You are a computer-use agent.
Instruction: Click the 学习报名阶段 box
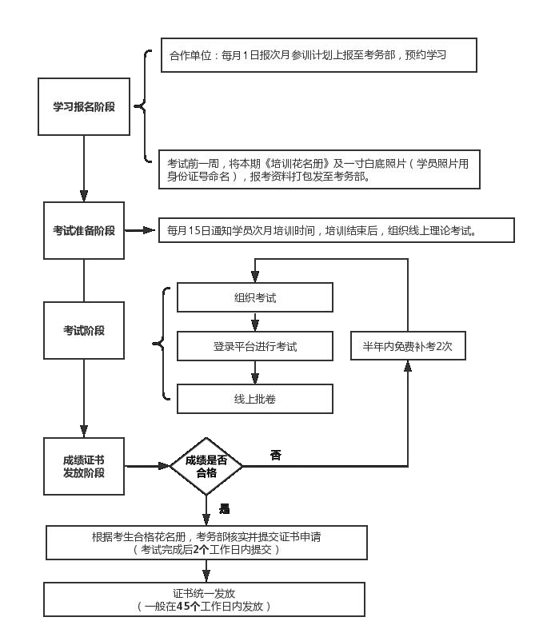(84, 106)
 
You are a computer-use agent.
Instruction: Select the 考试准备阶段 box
(84, 230)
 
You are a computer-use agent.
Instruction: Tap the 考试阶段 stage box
(84, 329)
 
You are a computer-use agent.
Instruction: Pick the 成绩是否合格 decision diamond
(206, 466)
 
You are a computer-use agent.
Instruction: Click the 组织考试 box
(255, 298)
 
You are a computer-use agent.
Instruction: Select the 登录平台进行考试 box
(255, 347)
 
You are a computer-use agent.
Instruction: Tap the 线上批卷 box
(255, 398)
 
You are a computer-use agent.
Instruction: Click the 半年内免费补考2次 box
(408, 347)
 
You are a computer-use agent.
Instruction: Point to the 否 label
(276, 456)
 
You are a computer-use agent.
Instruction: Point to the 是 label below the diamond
(225, 508)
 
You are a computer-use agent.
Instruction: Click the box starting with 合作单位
(318, 56)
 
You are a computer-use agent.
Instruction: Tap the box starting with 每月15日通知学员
(335, 230)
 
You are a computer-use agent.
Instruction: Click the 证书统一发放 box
(206, 599)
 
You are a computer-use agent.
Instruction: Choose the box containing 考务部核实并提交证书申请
(206, 543)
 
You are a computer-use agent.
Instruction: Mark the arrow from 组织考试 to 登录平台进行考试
(255, 322)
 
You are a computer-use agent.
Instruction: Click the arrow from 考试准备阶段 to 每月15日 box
(141, 230)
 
